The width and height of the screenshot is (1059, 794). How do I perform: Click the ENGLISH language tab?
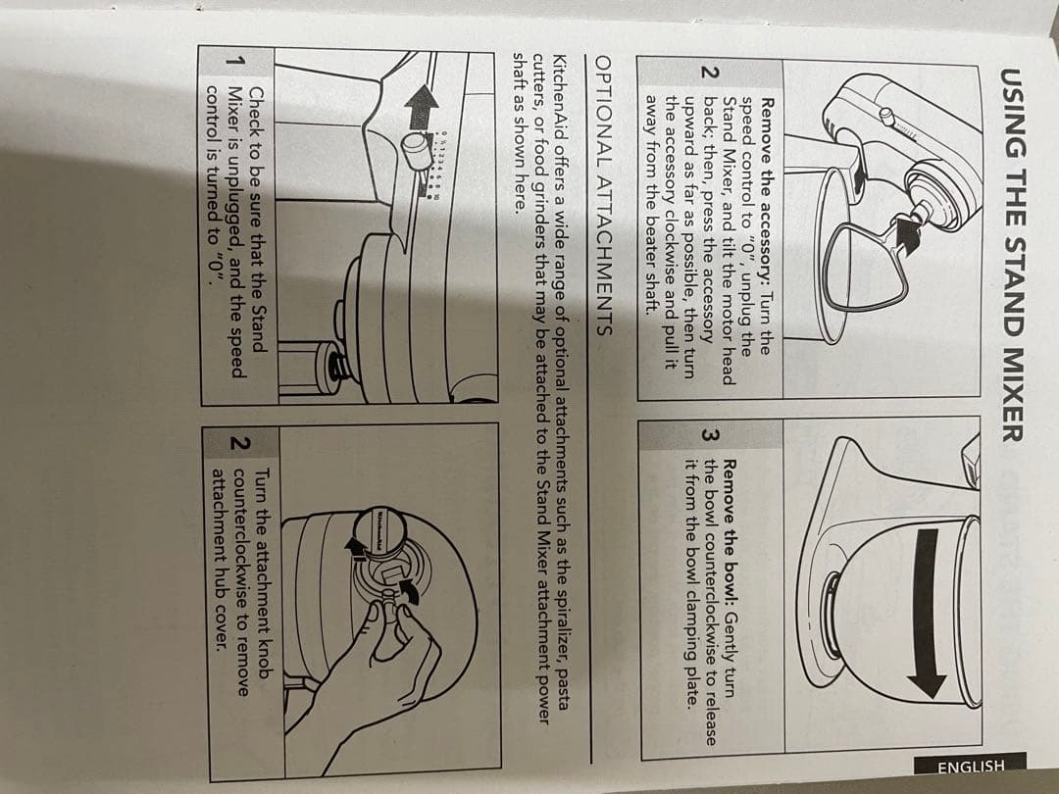(x=970, y=767)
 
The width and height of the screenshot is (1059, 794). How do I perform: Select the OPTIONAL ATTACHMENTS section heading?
(x=602, y=196)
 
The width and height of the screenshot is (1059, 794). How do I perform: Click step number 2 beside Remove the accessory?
(x=709, y=73)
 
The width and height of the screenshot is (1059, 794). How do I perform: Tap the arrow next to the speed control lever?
(x=423, y=106)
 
